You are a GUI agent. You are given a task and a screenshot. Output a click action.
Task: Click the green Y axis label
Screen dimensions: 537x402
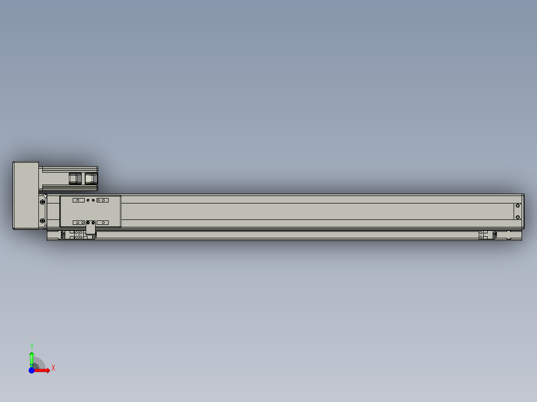(x=32, y=346)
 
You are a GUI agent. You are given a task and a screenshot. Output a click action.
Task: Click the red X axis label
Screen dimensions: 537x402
(x=53, y=368)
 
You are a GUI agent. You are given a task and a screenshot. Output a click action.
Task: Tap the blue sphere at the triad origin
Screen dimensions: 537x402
(x=31, y=371)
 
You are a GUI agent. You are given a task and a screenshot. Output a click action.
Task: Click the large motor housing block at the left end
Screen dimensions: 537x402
(x=26, y=196)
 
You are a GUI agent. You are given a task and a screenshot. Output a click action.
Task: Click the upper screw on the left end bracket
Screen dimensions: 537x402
(x=42, y=202)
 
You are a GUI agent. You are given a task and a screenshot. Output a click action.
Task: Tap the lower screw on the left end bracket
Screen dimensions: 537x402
(x=42, y=221)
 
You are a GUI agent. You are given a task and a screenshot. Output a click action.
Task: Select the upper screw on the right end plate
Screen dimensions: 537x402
(x=518, y=206)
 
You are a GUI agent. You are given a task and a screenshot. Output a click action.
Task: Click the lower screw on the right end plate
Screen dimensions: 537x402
(x=518, y=217)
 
